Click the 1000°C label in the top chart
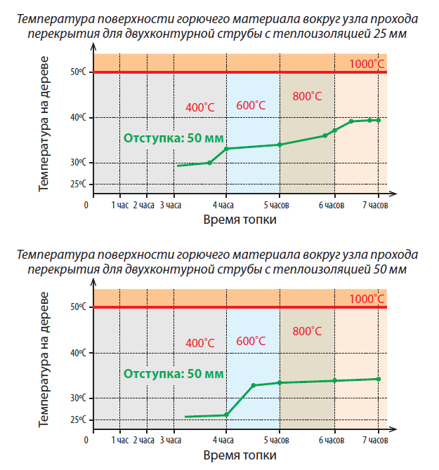[367, 64]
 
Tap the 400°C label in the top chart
[199, 107]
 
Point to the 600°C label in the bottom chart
[251, 341]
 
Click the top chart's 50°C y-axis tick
[77, 72]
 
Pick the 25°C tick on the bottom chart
[77, 419]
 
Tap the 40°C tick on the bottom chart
[77, 352]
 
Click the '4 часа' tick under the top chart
[225, 205]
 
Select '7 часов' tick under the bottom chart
[374, 440]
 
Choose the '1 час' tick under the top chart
[121, 205]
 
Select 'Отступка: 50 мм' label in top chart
[173, 138]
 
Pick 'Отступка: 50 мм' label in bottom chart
[173, 374]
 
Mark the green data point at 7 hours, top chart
[379, 120]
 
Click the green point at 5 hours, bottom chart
[280, 382]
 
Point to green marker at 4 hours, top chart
[225, 149]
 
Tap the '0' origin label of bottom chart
[87, 440]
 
